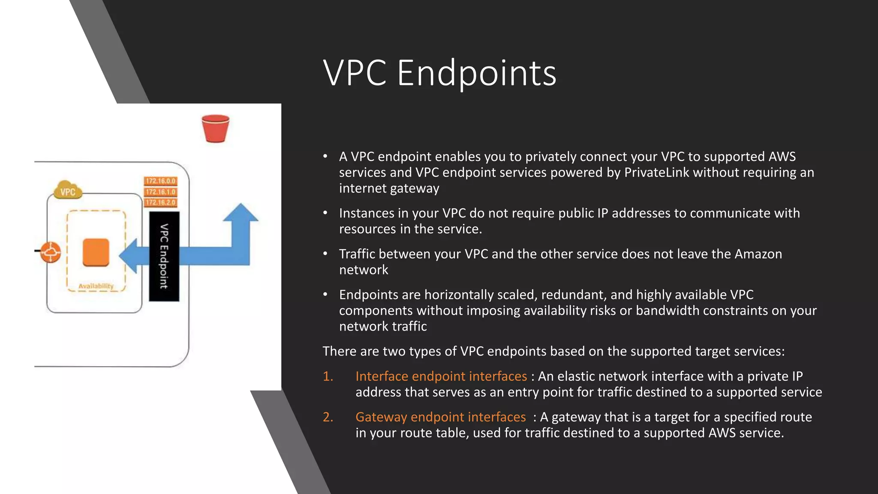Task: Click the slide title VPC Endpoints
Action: click(x=439, y=73)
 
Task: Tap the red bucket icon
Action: click(x=216, y=128)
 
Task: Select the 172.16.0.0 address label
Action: click(x=160, y=181)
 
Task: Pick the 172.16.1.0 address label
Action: click(x=160, y=192)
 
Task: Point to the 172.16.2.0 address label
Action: click(x=160, y=202)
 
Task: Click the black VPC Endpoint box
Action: click(x=164, y=256)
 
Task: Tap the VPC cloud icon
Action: click(x=68, y=190)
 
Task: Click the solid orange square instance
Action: click(x=96, y=252)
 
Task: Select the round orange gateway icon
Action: click(x=51, y=252)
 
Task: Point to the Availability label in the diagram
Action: click(x=96, y=286)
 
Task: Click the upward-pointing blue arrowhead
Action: click(x=241, y=213)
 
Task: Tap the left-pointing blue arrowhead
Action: click(x=128, y=256)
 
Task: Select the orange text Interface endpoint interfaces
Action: click(x=441, y=376)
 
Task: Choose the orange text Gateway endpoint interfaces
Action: click(x=440, y=417)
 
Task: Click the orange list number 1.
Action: click(x=328, y=376)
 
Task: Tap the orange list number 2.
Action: click(x=328, y=417)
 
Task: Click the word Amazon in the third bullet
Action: click(x=758, y=254)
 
